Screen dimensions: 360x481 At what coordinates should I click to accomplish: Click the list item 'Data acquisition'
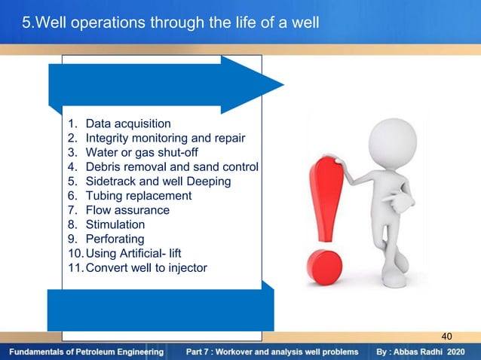(128, 124)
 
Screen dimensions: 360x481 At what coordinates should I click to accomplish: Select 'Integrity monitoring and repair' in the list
(164, 138)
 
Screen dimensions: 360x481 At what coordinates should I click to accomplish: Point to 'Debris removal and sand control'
(171, 166)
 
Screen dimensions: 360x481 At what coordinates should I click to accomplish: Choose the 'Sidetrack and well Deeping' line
(158, 182)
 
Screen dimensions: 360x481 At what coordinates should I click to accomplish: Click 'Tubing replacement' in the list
(139, 196)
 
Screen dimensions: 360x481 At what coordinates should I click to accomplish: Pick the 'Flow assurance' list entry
(127, 210)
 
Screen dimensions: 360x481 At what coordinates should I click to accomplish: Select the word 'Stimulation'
(115, 224)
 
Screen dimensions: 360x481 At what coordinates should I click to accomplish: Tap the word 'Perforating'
(115, 239)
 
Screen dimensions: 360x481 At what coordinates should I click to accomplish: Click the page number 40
(449, 336)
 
